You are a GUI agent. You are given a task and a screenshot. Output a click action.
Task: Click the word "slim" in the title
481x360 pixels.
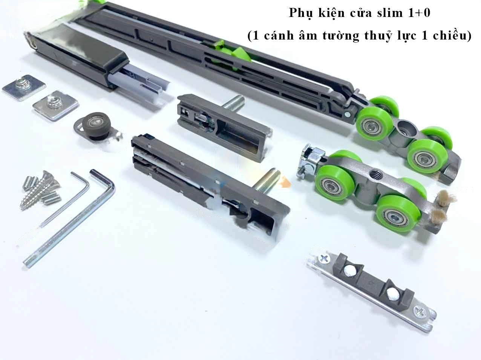388,13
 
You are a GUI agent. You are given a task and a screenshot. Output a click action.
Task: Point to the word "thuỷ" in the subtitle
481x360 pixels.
381,36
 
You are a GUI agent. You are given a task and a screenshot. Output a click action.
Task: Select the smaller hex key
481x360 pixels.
66,200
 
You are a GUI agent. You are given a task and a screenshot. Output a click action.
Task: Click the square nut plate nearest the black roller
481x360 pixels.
56,105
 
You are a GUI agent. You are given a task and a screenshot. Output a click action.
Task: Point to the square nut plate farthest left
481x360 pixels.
24,87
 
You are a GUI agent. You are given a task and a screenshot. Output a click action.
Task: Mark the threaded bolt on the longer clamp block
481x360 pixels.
266,180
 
